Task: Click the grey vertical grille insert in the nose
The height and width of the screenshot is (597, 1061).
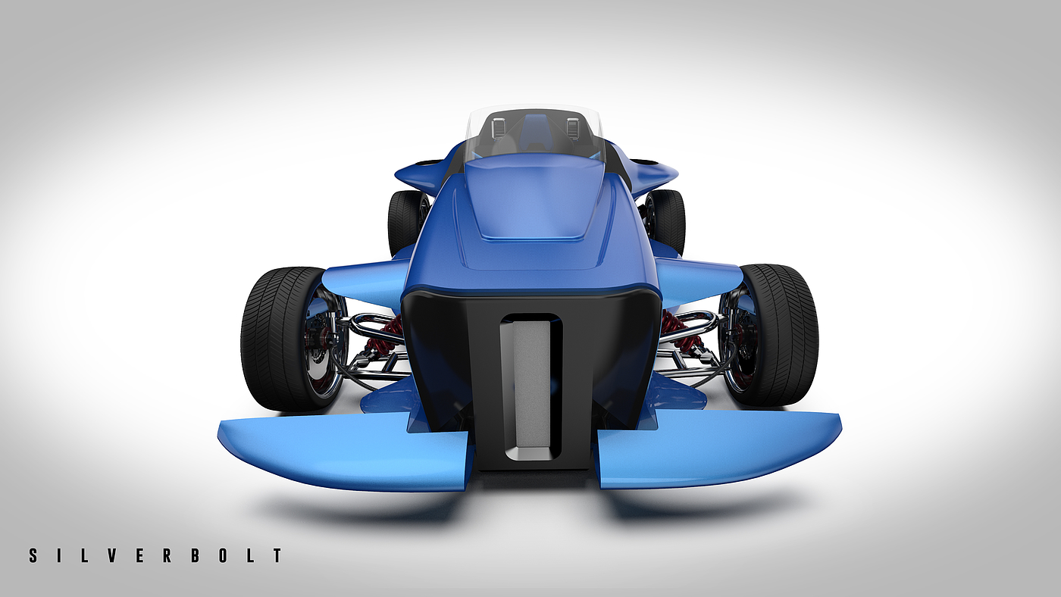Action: [531, 384]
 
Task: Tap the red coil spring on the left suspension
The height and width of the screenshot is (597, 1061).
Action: [385, 337]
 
